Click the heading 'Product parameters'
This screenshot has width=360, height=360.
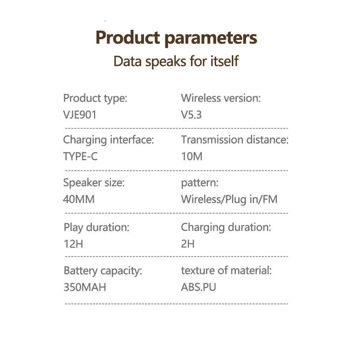tap(176, 38)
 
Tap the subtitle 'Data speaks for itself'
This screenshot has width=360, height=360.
tap(176, 62)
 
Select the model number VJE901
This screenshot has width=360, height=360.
tap(80, 114)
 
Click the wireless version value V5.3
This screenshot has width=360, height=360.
tap(191, 114)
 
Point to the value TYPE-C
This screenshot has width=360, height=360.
tap(80, 156)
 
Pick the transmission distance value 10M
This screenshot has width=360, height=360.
tap(192, 156)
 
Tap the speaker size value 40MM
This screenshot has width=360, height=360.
tap(79, 199)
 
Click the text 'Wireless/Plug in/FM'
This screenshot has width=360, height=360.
tap(229, 199)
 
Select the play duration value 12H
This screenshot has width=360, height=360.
tap(73, 244)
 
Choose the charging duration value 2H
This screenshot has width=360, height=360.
tap(188, 244)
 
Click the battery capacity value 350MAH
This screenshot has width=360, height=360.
tap(85, 287)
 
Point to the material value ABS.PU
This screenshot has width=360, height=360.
tap(198, 287)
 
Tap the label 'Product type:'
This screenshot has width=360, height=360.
tap(95, 99)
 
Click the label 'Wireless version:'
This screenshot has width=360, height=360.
tap(221, 98)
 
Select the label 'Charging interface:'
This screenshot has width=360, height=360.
tap(108, 140)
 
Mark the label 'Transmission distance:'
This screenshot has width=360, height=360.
tap(235, 140)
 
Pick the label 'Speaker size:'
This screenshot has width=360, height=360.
tap(94, 183)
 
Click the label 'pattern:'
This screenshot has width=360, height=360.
tap(199, 183)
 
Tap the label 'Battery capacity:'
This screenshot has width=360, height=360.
tap(103, 271)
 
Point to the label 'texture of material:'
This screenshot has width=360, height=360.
tap(226, 270)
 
